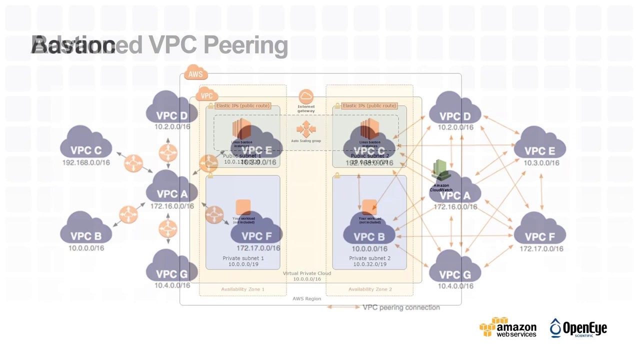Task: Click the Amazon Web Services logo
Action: [x=507, y=327]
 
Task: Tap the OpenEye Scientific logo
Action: [x=578, y=328]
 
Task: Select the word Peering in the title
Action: [x=245, y=45]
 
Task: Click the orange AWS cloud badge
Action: [x=195, y=74]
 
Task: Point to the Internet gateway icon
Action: [x=306, y=96]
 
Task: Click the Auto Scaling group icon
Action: [x=306, y=129]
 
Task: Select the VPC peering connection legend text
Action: [x=401, y=307]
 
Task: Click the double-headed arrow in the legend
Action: [x=343, y=307]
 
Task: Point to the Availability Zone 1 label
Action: [x=242, y=289]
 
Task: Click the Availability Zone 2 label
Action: [x=370, y=289]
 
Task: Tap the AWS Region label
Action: [x=306, y=298]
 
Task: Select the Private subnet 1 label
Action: [x=243, y=258]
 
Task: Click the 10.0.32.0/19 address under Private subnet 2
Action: [x=369, y=264]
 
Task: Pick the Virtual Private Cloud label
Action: [x=306, y=273]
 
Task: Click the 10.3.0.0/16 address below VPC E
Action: [x=541, y=163]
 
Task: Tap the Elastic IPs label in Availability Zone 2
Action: [x=369, y=105]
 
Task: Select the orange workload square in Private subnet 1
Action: [x=243, y=206]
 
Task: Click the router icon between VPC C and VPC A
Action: [x=133, y=163]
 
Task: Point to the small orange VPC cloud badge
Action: [x=206, y=95]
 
